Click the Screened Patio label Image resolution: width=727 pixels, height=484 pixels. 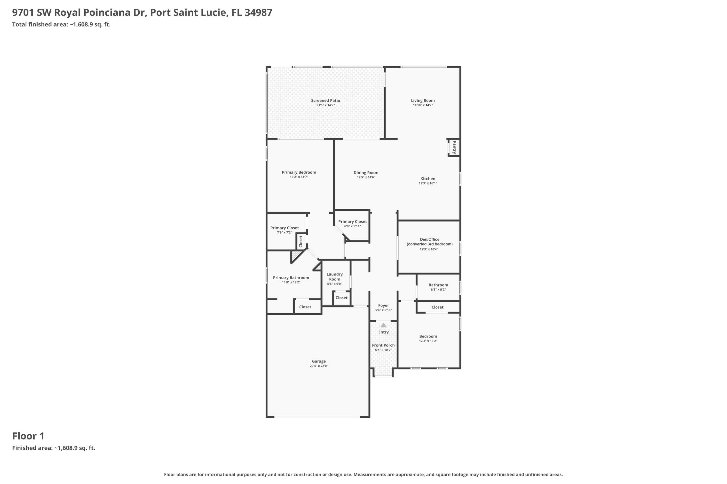325,100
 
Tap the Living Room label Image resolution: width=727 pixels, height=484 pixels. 423,100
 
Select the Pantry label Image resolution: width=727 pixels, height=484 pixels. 454,147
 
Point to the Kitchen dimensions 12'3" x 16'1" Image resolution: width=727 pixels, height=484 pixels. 428,183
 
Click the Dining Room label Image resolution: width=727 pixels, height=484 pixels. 366,173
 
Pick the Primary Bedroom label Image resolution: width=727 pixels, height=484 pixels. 299,172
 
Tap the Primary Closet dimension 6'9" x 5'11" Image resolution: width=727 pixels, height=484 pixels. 352,226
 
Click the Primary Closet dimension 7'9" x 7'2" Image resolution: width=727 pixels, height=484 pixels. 284,232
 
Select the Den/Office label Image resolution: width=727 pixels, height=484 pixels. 429,239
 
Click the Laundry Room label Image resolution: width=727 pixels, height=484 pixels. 335,277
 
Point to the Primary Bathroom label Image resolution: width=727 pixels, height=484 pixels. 291,277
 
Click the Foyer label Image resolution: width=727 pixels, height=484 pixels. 383,305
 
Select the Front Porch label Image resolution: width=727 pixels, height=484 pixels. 383,345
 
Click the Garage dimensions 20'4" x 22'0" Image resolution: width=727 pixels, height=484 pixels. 318,366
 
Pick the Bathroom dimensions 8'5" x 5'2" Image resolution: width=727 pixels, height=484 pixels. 438,290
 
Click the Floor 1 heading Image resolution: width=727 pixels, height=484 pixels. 28,436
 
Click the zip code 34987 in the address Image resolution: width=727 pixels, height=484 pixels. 258,12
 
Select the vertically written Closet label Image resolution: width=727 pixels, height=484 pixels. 301,241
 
